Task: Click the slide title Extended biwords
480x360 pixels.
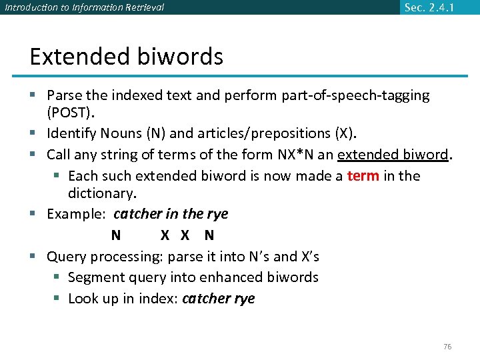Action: tap(126, 57)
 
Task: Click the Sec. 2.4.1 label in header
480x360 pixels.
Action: tap(430, 7)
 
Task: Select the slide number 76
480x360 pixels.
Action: tap(447, 347)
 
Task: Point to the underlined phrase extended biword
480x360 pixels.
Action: tap(393, 155)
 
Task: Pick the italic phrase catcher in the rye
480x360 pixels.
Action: tap(171, 214)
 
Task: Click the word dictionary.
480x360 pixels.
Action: tap(101, 193)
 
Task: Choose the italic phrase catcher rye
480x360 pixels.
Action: tap(218, 299)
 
